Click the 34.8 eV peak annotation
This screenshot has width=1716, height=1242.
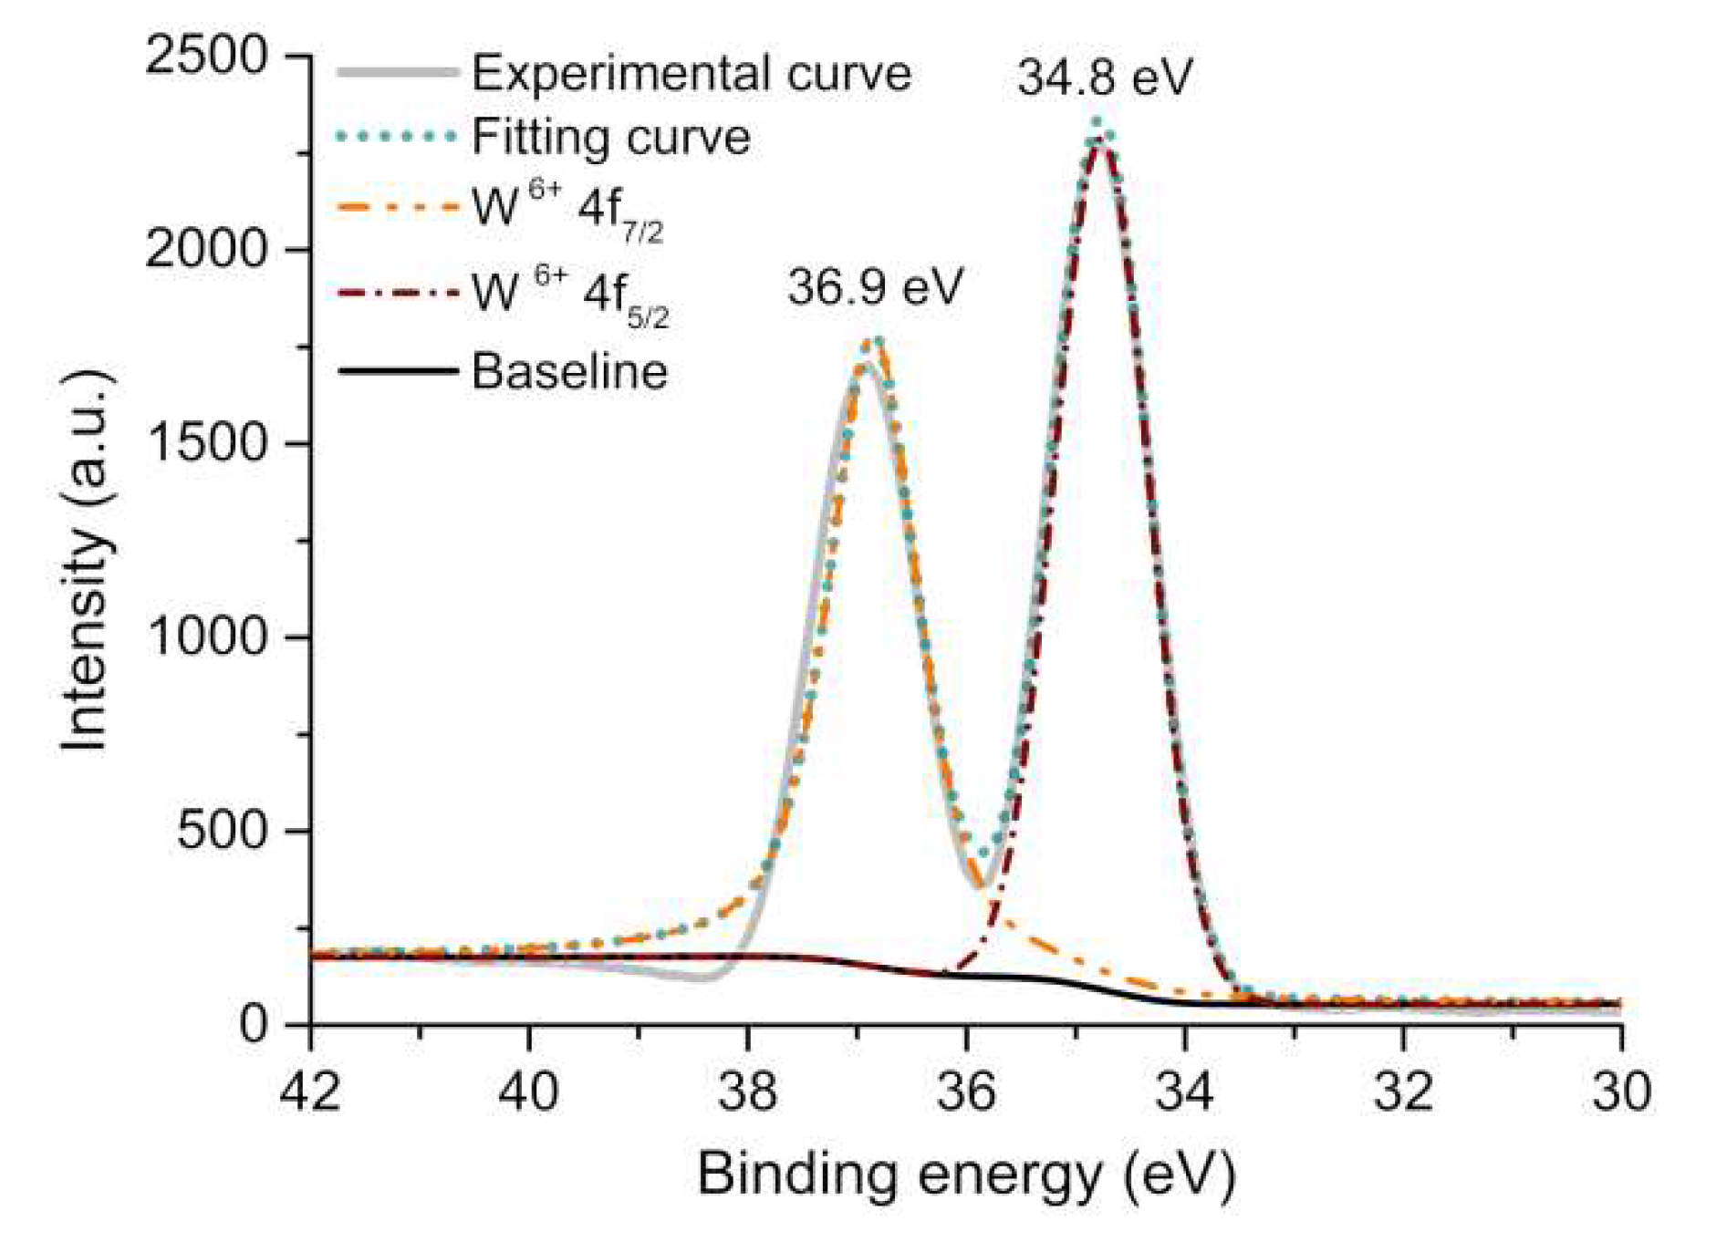(1104, 77)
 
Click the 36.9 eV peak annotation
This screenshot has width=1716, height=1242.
(875, 287)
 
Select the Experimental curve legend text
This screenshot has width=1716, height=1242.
(691, 73)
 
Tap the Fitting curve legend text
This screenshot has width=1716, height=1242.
(610, 138)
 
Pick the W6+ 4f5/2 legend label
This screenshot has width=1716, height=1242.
(569, 295)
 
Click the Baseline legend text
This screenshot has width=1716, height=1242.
(569, 371)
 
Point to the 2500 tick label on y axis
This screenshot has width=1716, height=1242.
(206, 57)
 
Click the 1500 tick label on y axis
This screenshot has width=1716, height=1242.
(206, 444)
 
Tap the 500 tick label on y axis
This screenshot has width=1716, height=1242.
(223, 831)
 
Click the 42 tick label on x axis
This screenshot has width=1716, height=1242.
(311, 1092)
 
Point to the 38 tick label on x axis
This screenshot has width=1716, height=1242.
(748, 1092)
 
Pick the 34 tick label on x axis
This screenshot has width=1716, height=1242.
(1184, 1092)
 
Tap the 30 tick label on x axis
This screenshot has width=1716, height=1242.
(1621, 1092)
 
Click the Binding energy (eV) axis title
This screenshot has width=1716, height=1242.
(966, 1174)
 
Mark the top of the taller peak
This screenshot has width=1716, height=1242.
(1100, 137)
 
